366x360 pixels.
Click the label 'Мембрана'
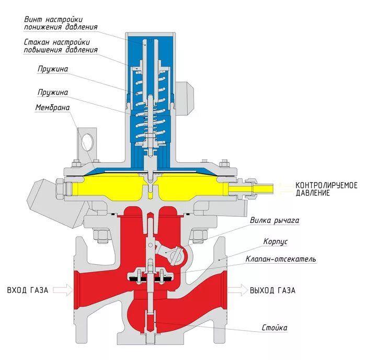[52, 108]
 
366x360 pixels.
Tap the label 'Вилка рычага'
[274, 221]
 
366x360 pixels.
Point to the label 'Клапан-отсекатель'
[280, 259]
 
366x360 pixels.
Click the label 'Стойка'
[274, 328]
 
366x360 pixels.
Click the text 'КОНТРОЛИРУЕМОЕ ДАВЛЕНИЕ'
[326, 189]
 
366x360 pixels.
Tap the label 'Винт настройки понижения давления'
[61, 23]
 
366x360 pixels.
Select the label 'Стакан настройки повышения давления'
[61, 46]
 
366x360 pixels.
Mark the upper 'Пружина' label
[52, 69]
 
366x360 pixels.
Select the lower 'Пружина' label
[52, 92]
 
